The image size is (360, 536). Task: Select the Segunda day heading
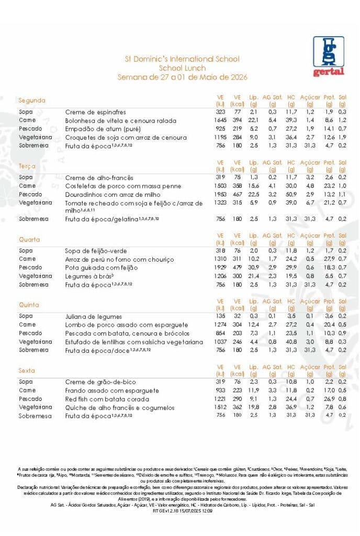click(x=32, y=100)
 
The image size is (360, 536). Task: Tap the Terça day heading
click(x=27, y=166)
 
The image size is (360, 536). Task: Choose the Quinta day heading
click(x=29, y=305)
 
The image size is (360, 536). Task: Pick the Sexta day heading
click(x=27, y=370)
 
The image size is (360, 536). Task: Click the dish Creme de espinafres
click(x=95, y=112)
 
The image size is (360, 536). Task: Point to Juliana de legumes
click(x=93, y=317)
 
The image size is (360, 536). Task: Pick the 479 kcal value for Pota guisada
click(x=238, y=267)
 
